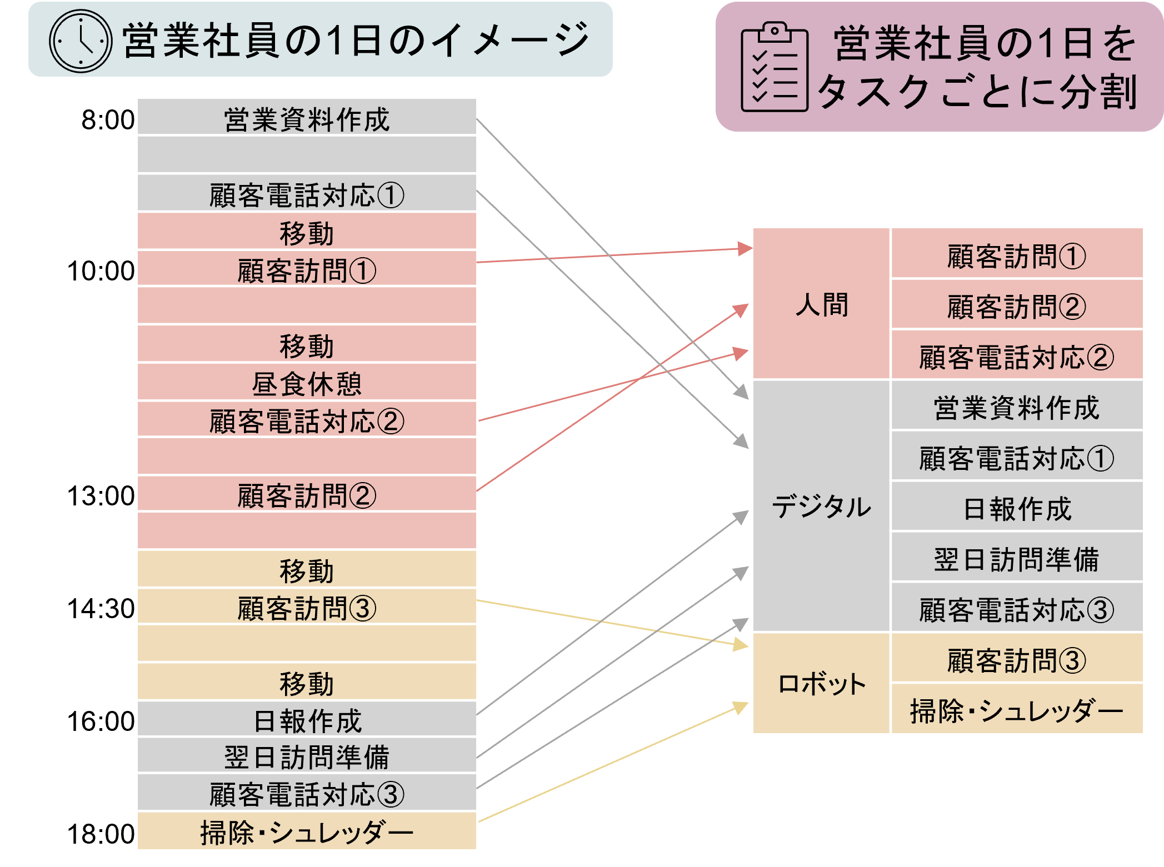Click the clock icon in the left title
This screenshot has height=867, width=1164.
pos(81,41)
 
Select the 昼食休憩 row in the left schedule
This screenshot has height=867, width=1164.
pos(307,383)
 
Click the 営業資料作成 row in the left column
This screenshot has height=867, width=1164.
pos(307,119)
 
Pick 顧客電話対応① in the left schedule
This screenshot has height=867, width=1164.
pos(307,195)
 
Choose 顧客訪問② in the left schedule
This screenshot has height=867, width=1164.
pos(307,495)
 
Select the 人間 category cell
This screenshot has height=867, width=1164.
pos(821,304)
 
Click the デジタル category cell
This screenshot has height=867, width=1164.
pos(821,507)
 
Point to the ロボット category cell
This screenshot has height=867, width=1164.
pos(821,684)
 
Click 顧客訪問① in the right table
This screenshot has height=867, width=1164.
pos(1016,256)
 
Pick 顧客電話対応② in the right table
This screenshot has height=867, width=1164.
pos(1016,357)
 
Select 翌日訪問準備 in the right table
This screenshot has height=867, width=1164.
pos(1016,559)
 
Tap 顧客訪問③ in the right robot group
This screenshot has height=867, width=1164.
pos(1016,660)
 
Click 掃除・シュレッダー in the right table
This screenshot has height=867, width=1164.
pos(1016,710)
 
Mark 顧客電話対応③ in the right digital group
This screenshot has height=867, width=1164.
pos(1016,609)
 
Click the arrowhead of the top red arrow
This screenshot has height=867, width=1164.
pos(745,248)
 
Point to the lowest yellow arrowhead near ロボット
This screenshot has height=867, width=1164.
pos(742,707)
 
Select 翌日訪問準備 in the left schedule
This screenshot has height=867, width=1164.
pos(307,757)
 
